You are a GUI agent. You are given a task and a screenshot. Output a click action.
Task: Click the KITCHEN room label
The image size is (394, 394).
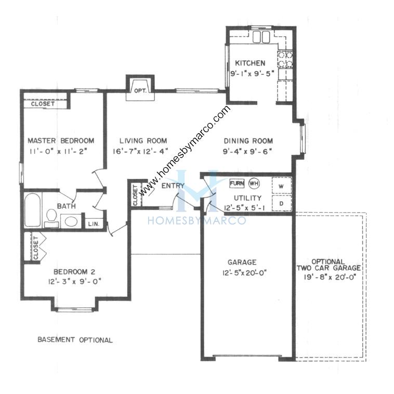click(x=250, y=63)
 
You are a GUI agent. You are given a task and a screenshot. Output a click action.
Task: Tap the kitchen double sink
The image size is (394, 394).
click(x=261, y=37)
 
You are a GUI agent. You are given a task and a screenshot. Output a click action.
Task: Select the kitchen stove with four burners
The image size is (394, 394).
click(x=285, y=59)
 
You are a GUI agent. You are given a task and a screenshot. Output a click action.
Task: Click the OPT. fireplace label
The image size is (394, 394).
click(x=140, y=91)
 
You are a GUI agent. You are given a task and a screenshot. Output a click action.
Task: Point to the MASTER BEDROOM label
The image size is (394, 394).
click(x=61, y=140)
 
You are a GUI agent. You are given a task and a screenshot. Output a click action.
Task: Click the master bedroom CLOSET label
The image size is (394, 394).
click(x=43, y=103)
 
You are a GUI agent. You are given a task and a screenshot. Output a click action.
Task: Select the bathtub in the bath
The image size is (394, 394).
click(x=33, y=210)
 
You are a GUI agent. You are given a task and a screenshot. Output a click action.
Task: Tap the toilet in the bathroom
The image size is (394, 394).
click(x=52, y=218)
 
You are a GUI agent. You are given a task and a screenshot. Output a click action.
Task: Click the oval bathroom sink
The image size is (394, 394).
click(x=70, y=221)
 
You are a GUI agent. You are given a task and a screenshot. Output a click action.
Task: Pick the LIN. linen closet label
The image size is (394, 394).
click(x=94, y=224)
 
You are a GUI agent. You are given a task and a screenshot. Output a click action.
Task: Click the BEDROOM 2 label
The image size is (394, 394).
click(x=74, y=272)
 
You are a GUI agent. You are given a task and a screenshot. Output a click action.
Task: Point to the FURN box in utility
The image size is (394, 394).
click(x=237, y=183)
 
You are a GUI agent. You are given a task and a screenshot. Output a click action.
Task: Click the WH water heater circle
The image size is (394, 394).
click(x=254, y=183)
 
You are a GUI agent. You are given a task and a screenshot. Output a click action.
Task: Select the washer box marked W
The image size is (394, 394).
click(x=282, y=186)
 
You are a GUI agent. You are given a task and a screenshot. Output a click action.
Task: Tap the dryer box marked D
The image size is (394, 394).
click(x=282, y=203)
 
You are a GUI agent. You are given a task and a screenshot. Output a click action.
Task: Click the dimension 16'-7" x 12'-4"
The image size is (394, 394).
click(x=140, y=151)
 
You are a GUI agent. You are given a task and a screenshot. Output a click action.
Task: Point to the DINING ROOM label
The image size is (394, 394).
click(x=248, y=141)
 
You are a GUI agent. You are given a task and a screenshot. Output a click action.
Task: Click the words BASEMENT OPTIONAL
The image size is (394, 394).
click(x=75, y=340)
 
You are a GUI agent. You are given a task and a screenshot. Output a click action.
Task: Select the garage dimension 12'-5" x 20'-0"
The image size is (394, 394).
click(x=244, y=273)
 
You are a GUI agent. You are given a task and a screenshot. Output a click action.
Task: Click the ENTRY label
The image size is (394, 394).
click(x=173, y=186)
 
